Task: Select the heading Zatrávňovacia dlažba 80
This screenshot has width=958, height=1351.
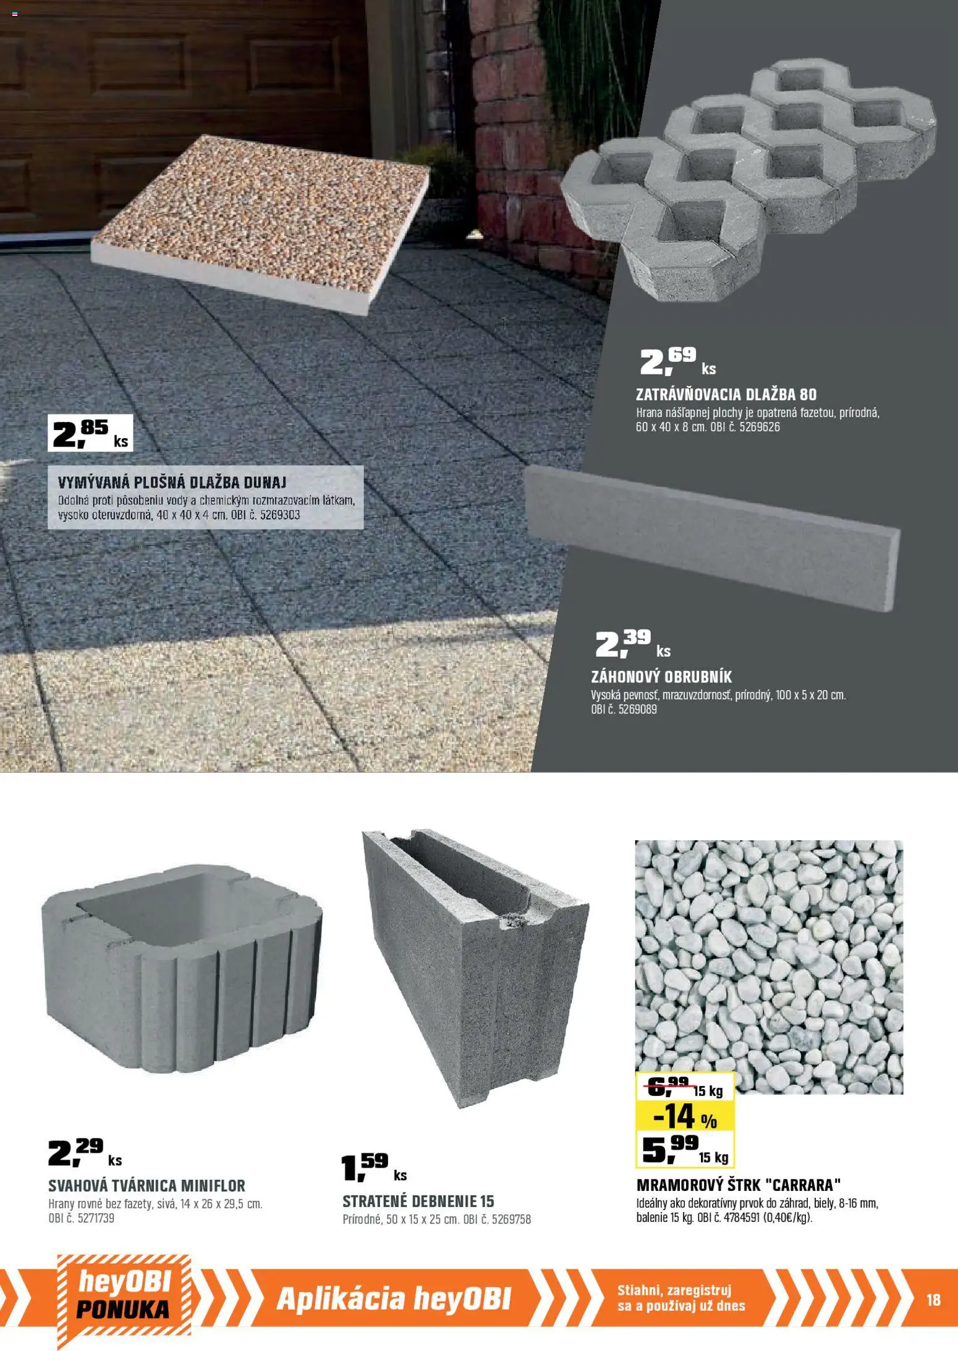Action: [x=726, y=394]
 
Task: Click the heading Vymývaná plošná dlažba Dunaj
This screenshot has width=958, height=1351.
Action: [x=172, y=482]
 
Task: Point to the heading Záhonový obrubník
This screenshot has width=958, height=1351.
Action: [x=661, y=676]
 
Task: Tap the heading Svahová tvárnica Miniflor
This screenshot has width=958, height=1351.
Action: [x=147, y=1185]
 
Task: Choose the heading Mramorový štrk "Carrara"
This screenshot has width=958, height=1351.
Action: [x=739, y=1185]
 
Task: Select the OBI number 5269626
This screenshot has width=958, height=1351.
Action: [x=760, y=427]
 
